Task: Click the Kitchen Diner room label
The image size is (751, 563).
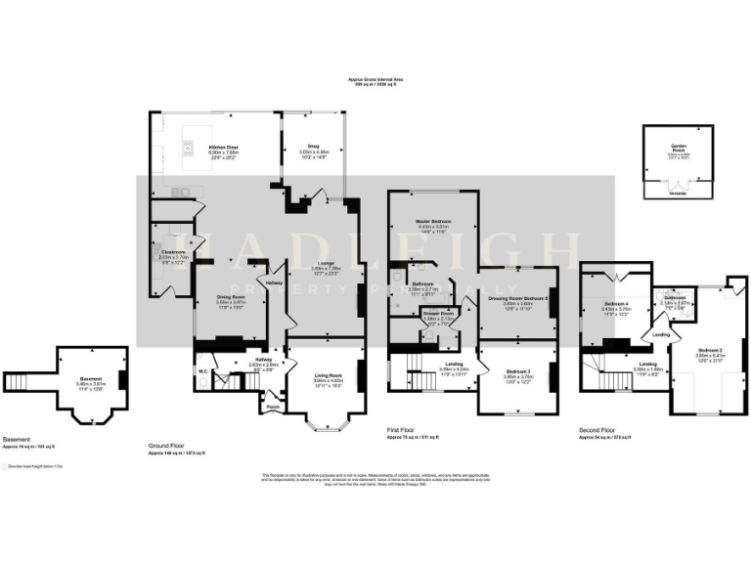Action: click(224, 148)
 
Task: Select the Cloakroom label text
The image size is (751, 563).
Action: click(173, 252)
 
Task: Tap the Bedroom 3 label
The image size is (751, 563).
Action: click(518, 371)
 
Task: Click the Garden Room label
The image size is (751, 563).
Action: click(678, 145)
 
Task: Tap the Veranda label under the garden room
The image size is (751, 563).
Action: click(678, 194)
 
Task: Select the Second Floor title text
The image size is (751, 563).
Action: click(596, 429)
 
